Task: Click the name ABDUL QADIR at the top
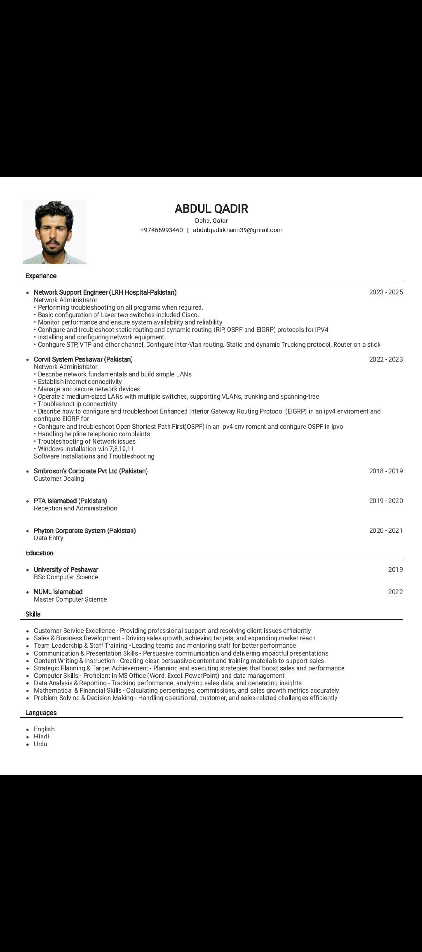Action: click(x=211, y=209)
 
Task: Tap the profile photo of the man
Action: click(x=54, y=232)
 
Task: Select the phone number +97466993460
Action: click(x=161, y=230)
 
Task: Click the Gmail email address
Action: click(x=237, y=230)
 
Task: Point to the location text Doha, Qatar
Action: click(x=211, y=221)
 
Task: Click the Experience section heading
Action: click(x=41, y=276)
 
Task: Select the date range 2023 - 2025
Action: click(x=386, y=292)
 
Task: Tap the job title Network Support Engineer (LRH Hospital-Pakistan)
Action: click(x=105, y=292)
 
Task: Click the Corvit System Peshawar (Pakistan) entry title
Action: click(x=83, y=359)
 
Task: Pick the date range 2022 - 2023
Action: click(x=386, y=359)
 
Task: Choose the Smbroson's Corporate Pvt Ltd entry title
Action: click(x=91, y=471)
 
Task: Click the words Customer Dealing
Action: click(x=59, y=479)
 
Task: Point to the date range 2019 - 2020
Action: click(x=386, y=501)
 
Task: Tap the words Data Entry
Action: click(x=49, y=538)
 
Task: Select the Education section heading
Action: click(x=40, y=553)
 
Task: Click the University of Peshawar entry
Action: click(x=66, y=569)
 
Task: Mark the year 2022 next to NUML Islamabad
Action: click(x=395, y=592)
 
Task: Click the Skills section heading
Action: click(x=33, y=614)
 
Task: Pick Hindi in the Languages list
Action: click(x=41, y=736)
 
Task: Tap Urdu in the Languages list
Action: click(x=40, y=744)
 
